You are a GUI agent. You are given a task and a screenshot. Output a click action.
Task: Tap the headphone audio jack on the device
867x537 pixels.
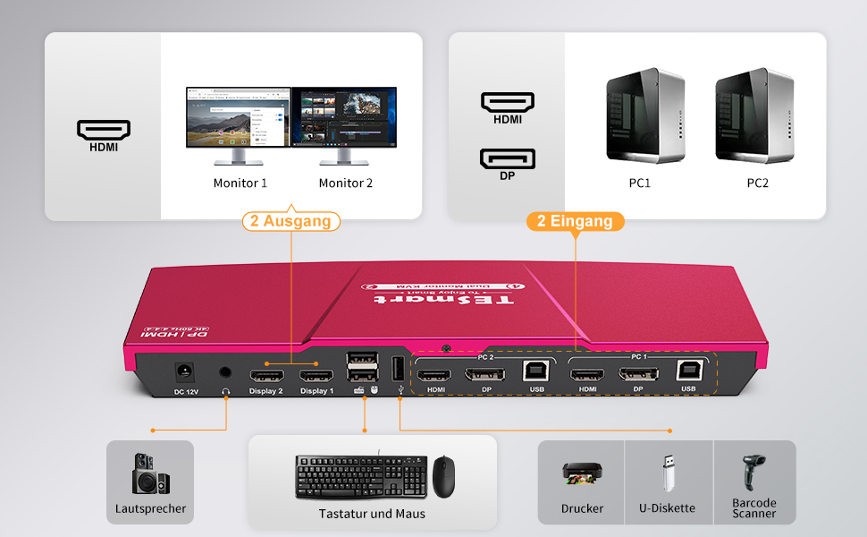225,372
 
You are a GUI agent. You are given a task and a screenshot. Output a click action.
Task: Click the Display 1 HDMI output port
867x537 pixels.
316,374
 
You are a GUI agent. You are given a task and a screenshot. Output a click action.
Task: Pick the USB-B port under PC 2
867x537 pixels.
536,371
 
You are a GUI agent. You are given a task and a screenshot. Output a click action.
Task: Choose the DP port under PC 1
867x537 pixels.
638,371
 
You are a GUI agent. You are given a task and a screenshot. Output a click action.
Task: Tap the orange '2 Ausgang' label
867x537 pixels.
290,221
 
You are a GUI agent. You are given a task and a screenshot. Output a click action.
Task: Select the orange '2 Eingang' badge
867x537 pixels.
575,221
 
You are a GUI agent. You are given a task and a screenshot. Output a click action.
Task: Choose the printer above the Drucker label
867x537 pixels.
582,473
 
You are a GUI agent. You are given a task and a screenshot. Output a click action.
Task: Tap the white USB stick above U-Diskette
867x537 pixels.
667,472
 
